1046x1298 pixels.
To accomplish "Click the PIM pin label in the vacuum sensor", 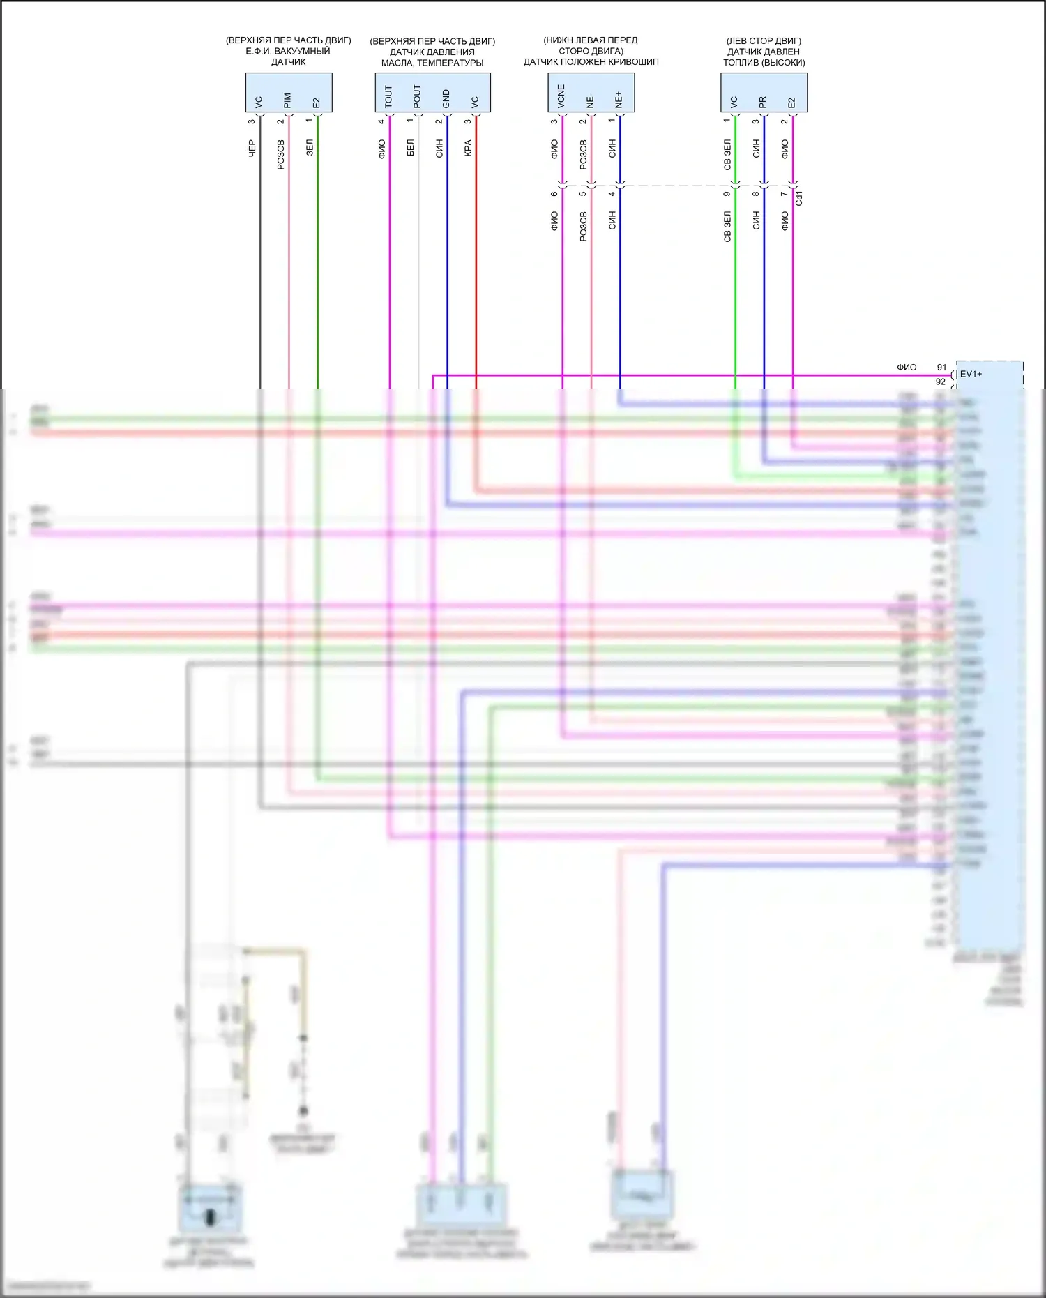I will tap(287, 100).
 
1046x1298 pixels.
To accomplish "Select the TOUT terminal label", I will tap(388, 96).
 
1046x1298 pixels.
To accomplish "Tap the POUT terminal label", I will tap(417, 96).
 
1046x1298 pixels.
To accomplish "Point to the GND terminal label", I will tap(446, 98).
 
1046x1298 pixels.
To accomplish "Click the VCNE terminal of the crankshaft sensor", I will tap(561, 97).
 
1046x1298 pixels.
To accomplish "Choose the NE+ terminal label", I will tap(619, 100).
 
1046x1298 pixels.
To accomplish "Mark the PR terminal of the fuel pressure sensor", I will tap(763, 102).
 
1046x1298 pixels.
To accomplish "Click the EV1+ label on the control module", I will tap(971, 374).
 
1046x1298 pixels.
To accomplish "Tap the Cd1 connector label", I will tap(799, 198).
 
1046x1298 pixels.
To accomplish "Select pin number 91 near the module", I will tap(941, 368).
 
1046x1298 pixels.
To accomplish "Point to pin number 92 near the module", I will tap(940, 382).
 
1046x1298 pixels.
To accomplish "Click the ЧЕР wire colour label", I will tap(252, 148).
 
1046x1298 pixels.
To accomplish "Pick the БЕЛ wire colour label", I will tap(410, 148).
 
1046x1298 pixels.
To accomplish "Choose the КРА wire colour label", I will tap(468, 148).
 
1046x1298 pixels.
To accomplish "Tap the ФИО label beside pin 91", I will tap(907, 368).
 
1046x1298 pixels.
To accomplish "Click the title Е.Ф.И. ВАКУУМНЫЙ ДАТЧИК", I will tap(288, 56).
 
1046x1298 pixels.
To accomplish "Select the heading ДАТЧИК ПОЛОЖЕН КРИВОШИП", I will tap(591, 62).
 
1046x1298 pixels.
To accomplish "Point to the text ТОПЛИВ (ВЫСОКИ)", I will tap(764, 63).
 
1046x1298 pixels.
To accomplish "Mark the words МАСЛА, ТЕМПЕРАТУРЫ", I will tap(432, 63).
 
